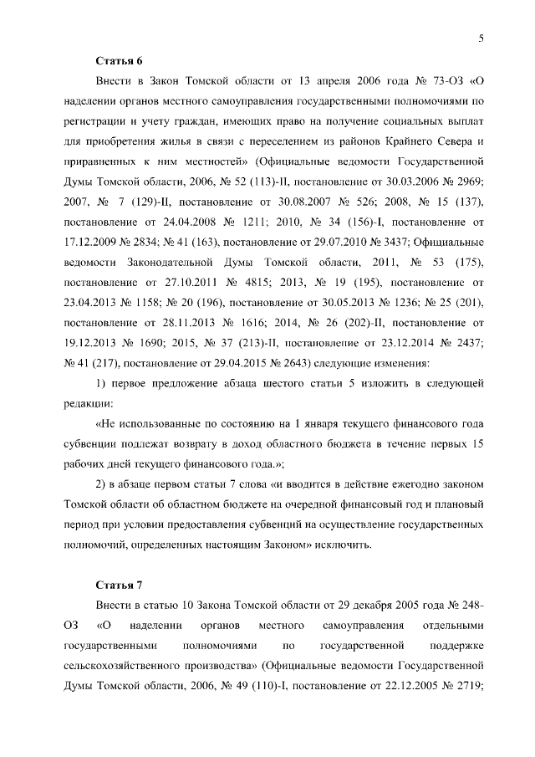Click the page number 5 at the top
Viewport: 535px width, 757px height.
(482, 37)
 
